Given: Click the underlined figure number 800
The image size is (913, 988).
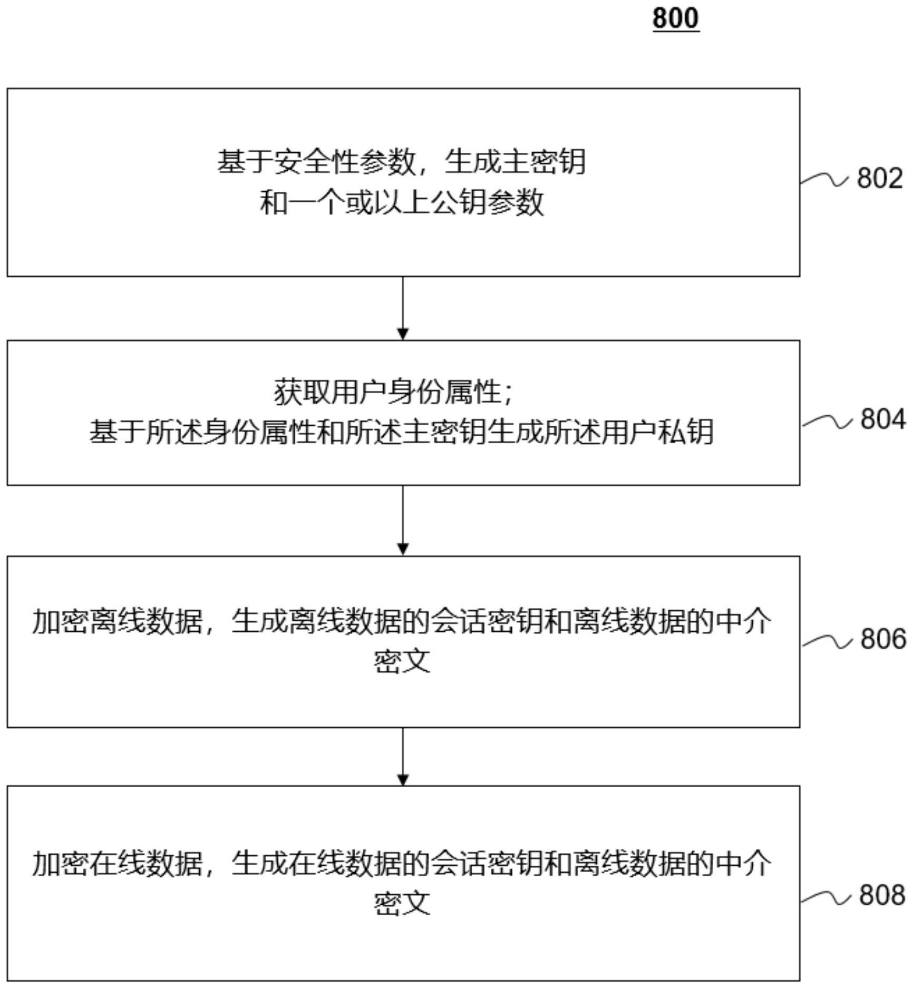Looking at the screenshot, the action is pos(676,18).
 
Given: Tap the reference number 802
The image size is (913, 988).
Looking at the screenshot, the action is pos(880,178).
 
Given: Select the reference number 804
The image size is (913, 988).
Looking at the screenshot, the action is pos(883,419).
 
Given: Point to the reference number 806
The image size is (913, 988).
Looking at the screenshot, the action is pos(883,639).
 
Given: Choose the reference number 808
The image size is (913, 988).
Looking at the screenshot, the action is pos(882,895).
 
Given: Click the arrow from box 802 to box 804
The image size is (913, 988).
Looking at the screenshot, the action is pos(403,308).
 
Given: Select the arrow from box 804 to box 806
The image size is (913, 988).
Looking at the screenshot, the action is pos(403,520).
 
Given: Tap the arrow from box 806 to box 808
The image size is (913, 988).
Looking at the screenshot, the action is pos(403,757).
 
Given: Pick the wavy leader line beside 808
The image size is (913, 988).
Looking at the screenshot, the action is pos(826,897).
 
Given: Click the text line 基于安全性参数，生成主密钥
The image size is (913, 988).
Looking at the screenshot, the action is pos(402,162).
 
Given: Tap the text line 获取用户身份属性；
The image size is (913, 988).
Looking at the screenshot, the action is pos(393,392).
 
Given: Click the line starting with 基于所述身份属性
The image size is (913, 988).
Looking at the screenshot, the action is pos(402,432).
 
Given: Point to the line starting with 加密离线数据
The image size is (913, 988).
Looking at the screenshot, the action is pos(402,622).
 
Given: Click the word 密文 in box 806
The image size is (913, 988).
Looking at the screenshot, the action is pos(402,661).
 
